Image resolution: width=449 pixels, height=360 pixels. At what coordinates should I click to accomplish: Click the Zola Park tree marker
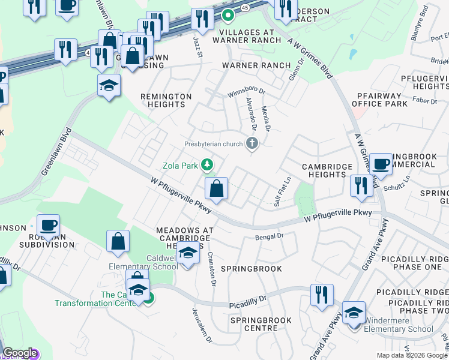(x=208, y=164)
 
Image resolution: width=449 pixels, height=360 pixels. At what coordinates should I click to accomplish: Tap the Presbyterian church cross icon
(x=253, y=143)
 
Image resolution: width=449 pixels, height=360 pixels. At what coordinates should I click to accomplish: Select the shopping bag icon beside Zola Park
(x=217, y=189)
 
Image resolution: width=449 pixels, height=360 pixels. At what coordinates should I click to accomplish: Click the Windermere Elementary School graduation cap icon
(x=354, y=312)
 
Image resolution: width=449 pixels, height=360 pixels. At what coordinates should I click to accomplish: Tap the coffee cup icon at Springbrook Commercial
(x=381, y=164)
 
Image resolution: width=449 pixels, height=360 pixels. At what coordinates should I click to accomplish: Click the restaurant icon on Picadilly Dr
(x=322, y=295)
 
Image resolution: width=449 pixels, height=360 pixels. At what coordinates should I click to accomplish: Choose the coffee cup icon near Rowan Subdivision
(x=49, y=226)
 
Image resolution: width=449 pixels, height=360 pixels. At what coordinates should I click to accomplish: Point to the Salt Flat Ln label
(x=282, y=191)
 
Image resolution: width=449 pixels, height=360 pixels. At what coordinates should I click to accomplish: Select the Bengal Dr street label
(x=269, y=237)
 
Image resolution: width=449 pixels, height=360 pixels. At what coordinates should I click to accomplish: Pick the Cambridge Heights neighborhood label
(x=324, y=170)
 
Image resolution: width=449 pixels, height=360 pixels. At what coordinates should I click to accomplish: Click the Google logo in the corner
(x=20, y=353)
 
